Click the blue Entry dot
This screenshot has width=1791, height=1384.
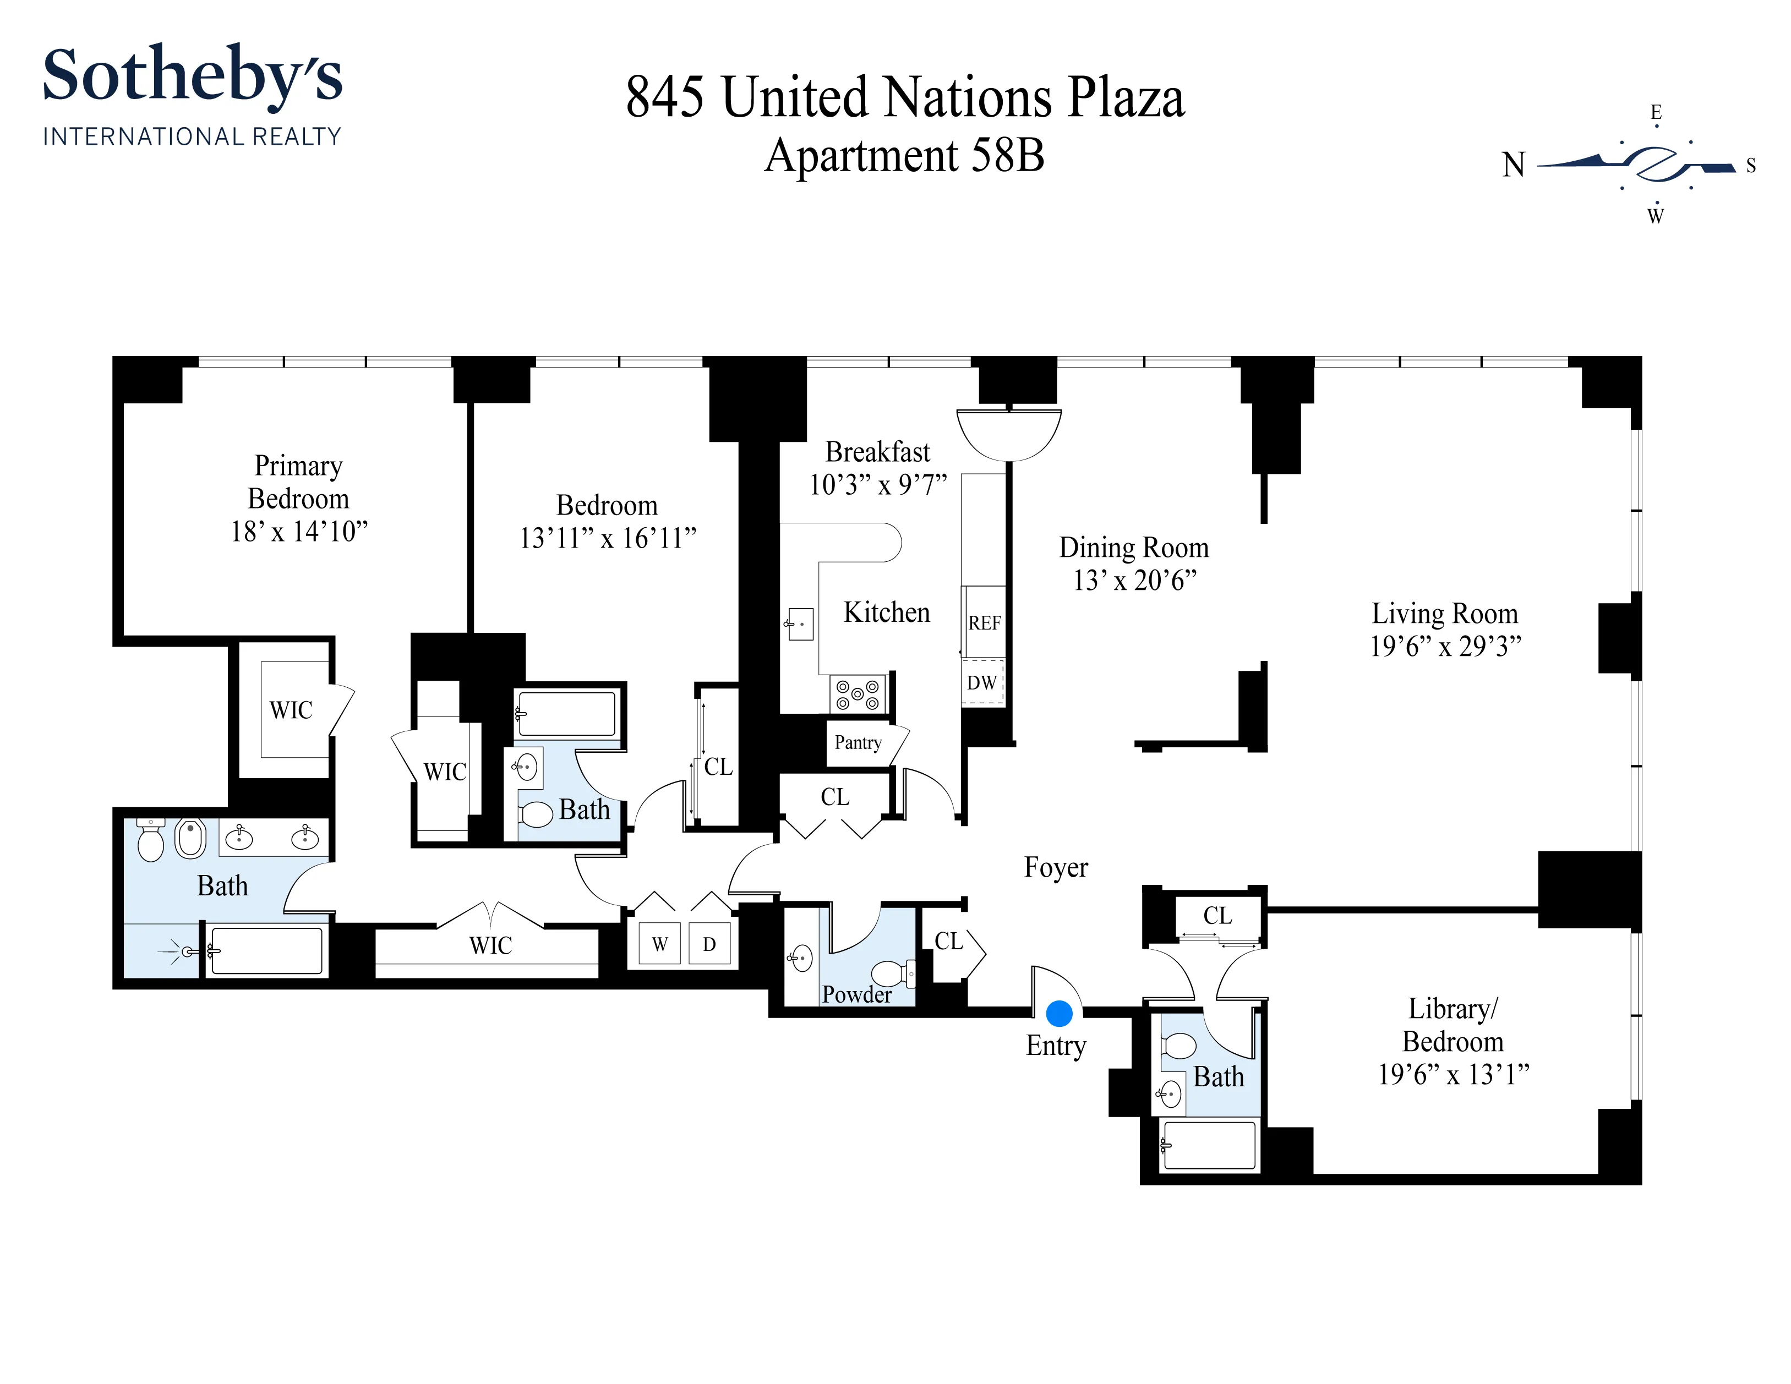[1060, 1014]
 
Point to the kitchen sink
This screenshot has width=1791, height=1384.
[800, 624]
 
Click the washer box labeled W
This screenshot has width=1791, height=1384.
[659, 944]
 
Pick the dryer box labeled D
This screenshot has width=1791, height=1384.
[709, 944]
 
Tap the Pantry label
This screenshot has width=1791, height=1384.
[858, 743]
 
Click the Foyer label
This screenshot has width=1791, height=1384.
[1056, 867]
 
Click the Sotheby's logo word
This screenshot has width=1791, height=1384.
[192, 75]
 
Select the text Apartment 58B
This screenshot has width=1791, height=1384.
[904, 156]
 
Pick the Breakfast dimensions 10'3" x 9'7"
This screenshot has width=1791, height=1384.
[877, 485]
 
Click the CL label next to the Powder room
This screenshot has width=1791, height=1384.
[949, 941]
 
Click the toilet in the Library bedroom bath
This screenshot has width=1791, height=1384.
[1180, 1046]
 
